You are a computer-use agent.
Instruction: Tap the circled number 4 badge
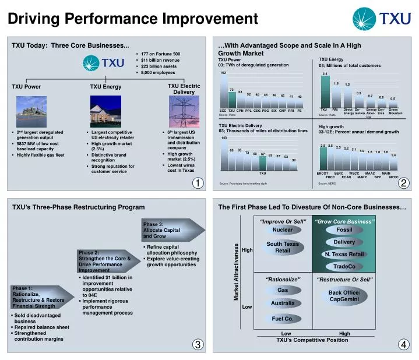(404, 344)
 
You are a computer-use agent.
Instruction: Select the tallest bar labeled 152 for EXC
(223, 91)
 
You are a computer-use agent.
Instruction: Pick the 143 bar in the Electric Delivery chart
(224, 154)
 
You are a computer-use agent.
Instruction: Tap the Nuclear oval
(283, 230)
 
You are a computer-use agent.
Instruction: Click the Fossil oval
(344, 230)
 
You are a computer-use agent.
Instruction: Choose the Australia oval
(283, 303)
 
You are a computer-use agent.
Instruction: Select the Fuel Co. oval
(283, 319)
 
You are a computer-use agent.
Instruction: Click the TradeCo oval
(344, 266)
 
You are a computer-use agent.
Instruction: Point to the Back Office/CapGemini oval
(344, 296)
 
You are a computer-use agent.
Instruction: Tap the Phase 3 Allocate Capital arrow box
(169, 230)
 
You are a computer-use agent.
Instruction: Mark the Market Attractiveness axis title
(237, 272)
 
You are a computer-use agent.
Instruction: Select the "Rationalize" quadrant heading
(283, 280)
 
